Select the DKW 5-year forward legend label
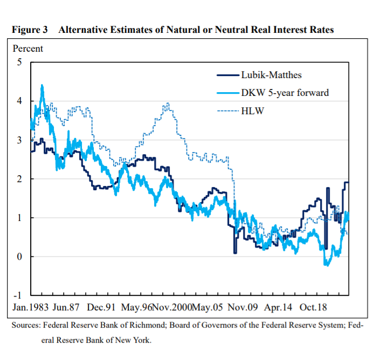click(285, 93)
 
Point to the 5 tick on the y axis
click(19, 62)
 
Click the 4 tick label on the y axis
click(19, 101)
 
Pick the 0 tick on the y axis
click(19, 257)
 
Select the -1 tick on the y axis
click(18, 295)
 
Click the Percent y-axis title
click(27, 49)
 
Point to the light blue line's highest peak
click(42, 85)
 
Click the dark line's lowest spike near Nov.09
click(235, 252)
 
